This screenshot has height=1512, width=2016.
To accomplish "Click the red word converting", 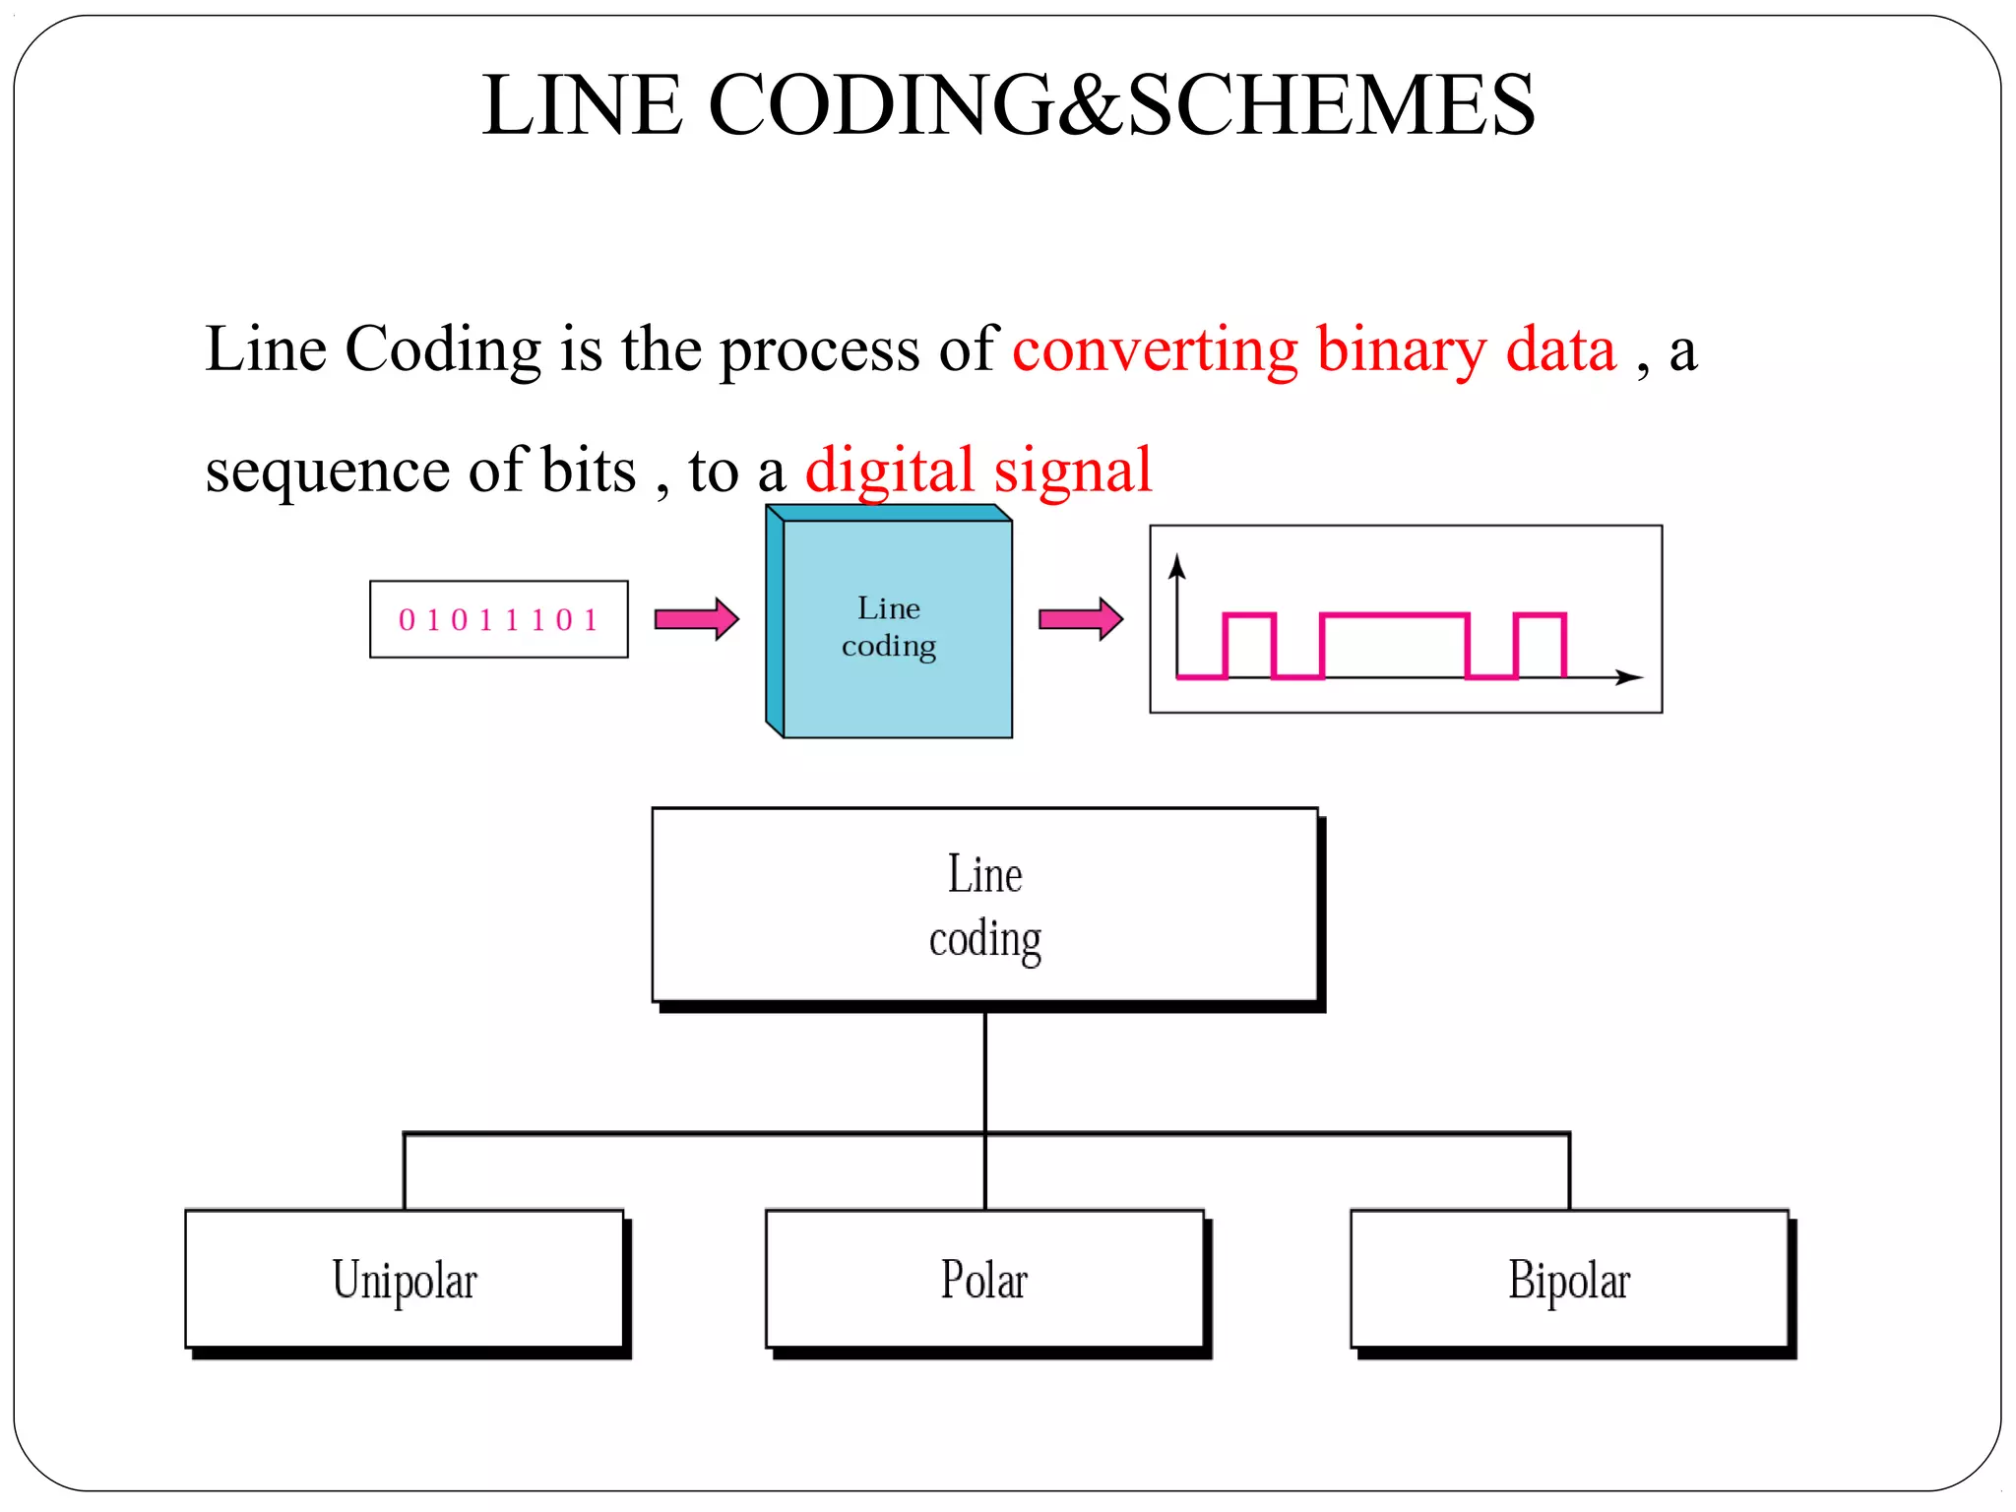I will [x=1155, y=349].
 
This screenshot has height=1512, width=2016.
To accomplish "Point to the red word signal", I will [x=1072, y=471].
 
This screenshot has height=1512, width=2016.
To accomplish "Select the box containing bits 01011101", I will [x=498, y=619].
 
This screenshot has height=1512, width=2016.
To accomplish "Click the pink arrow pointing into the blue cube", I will [x=696, y=619].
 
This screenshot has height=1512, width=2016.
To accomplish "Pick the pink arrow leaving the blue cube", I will [x=1080, y=619].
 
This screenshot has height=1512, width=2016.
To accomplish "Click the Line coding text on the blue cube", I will [x=888, y=627].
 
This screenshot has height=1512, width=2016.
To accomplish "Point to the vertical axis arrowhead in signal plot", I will [x=1176, y=566].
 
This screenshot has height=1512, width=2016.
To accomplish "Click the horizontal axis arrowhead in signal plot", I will [x=1630, y=677].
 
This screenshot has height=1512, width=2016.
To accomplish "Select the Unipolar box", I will [x=405, y=1279].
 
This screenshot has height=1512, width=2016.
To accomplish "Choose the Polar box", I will [x=984, y=1279].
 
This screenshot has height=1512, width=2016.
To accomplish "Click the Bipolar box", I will [x=1569, y=1279].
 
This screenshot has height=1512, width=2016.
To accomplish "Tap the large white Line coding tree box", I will [x=984, y=906].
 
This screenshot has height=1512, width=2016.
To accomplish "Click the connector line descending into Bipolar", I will [x=1569, y=1171].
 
